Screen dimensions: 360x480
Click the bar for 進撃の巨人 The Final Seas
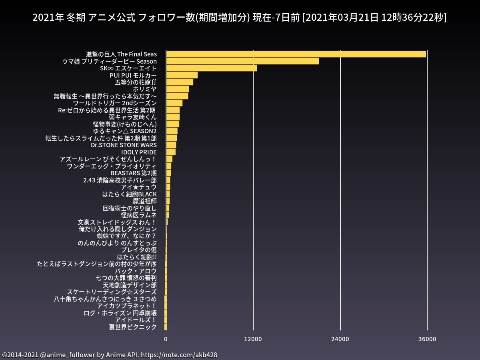click(x=296, y=54)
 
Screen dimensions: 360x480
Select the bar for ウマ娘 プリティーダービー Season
click(x=242, y=61)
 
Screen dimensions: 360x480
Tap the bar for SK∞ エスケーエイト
click(x=211, y=68)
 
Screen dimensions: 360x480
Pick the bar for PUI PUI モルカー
click(x=182, y=75)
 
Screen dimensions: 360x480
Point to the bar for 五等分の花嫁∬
click(x=180, y=82)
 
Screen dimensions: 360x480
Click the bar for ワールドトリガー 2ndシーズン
click(x=174, y=103)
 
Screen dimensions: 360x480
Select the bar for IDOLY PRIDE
click(x=171, y=152)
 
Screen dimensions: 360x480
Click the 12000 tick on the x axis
click(x=253, y=339)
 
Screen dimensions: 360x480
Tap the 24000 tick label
click(x=340, y=339)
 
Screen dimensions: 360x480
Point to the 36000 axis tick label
click(x=427, y=339)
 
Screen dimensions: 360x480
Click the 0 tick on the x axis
click(x=166, y=339)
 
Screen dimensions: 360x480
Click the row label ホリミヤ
click(x=144, y=89)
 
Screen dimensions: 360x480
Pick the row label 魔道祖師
click(x=144, y=201)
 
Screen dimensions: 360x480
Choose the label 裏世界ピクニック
click(x=133, y=327)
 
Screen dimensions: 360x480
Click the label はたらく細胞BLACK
click(x=129, y=194)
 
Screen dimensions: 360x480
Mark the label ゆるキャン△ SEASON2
click(x=124, y=131)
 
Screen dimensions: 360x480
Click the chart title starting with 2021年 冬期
click(x=240, y=18)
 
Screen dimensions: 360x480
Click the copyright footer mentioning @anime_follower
click(x=110, y=355)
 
